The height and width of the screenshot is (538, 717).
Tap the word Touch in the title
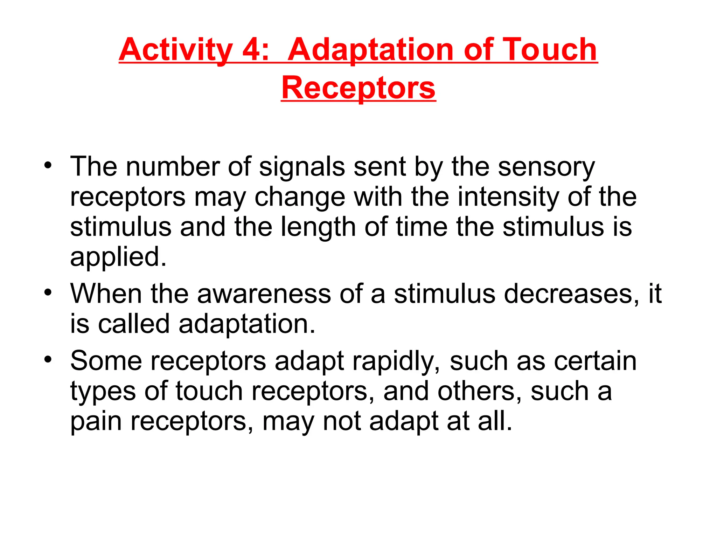[x=549, y=50]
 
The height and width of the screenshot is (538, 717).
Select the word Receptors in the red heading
[x=358, y=88]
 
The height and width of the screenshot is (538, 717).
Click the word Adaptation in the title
[x=371, y=50]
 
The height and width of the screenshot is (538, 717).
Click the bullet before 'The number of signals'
[x=48, y=165]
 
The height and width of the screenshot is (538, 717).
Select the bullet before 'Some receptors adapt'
[x=48, y=359]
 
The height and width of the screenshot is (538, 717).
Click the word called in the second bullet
[x=134, y=324]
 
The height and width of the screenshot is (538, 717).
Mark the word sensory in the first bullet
[x=546, y=167]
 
